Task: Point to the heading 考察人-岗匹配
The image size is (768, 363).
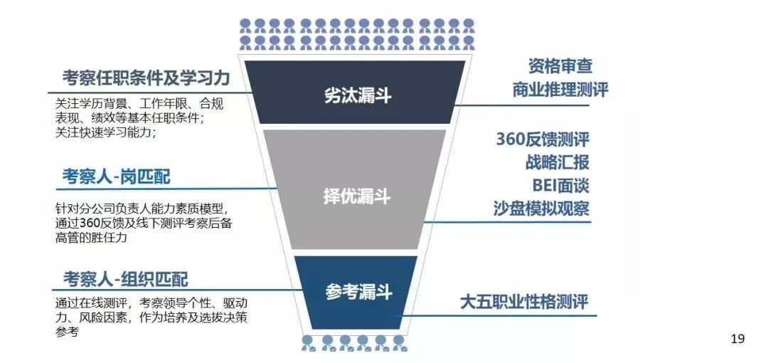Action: [116, 176]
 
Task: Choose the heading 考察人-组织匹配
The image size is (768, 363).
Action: [125, 278]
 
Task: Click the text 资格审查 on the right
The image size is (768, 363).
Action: [560, 66]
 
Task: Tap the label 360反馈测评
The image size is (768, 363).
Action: [542, 139]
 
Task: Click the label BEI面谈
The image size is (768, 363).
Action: [560, 186]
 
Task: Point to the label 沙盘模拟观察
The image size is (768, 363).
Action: [541, 209]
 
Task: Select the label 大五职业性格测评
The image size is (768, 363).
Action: [525, 301]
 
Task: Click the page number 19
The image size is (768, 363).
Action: [737, 339]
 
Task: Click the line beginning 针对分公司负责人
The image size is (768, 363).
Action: [140, 209]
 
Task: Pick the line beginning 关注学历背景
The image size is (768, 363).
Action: [139, 104]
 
